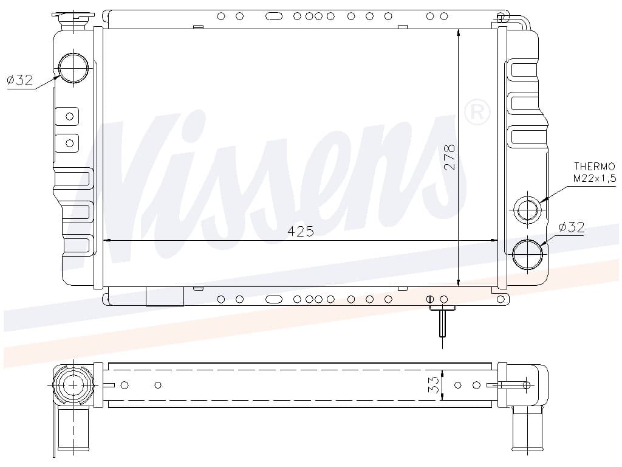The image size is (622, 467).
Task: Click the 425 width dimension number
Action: [x=301, y=230]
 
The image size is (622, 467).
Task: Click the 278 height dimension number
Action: [x=450, y=157]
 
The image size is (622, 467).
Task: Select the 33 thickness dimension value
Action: [x=434, y=385]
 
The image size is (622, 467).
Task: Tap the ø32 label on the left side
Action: [x=20, y=80]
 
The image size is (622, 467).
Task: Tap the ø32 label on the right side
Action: [x=571, y=227]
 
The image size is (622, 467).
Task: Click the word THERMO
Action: [x=595, y=167]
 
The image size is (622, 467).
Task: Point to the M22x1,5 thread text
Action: [x=594, y=178]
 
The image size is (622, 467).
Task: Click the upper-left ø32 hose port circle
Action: [x=73, y=68]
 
